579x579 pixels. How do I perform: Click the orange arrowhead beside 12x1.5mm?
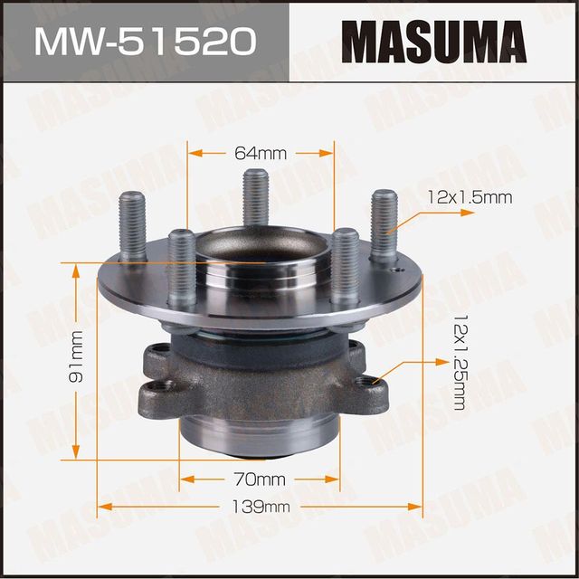click(x=469, y=212)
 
